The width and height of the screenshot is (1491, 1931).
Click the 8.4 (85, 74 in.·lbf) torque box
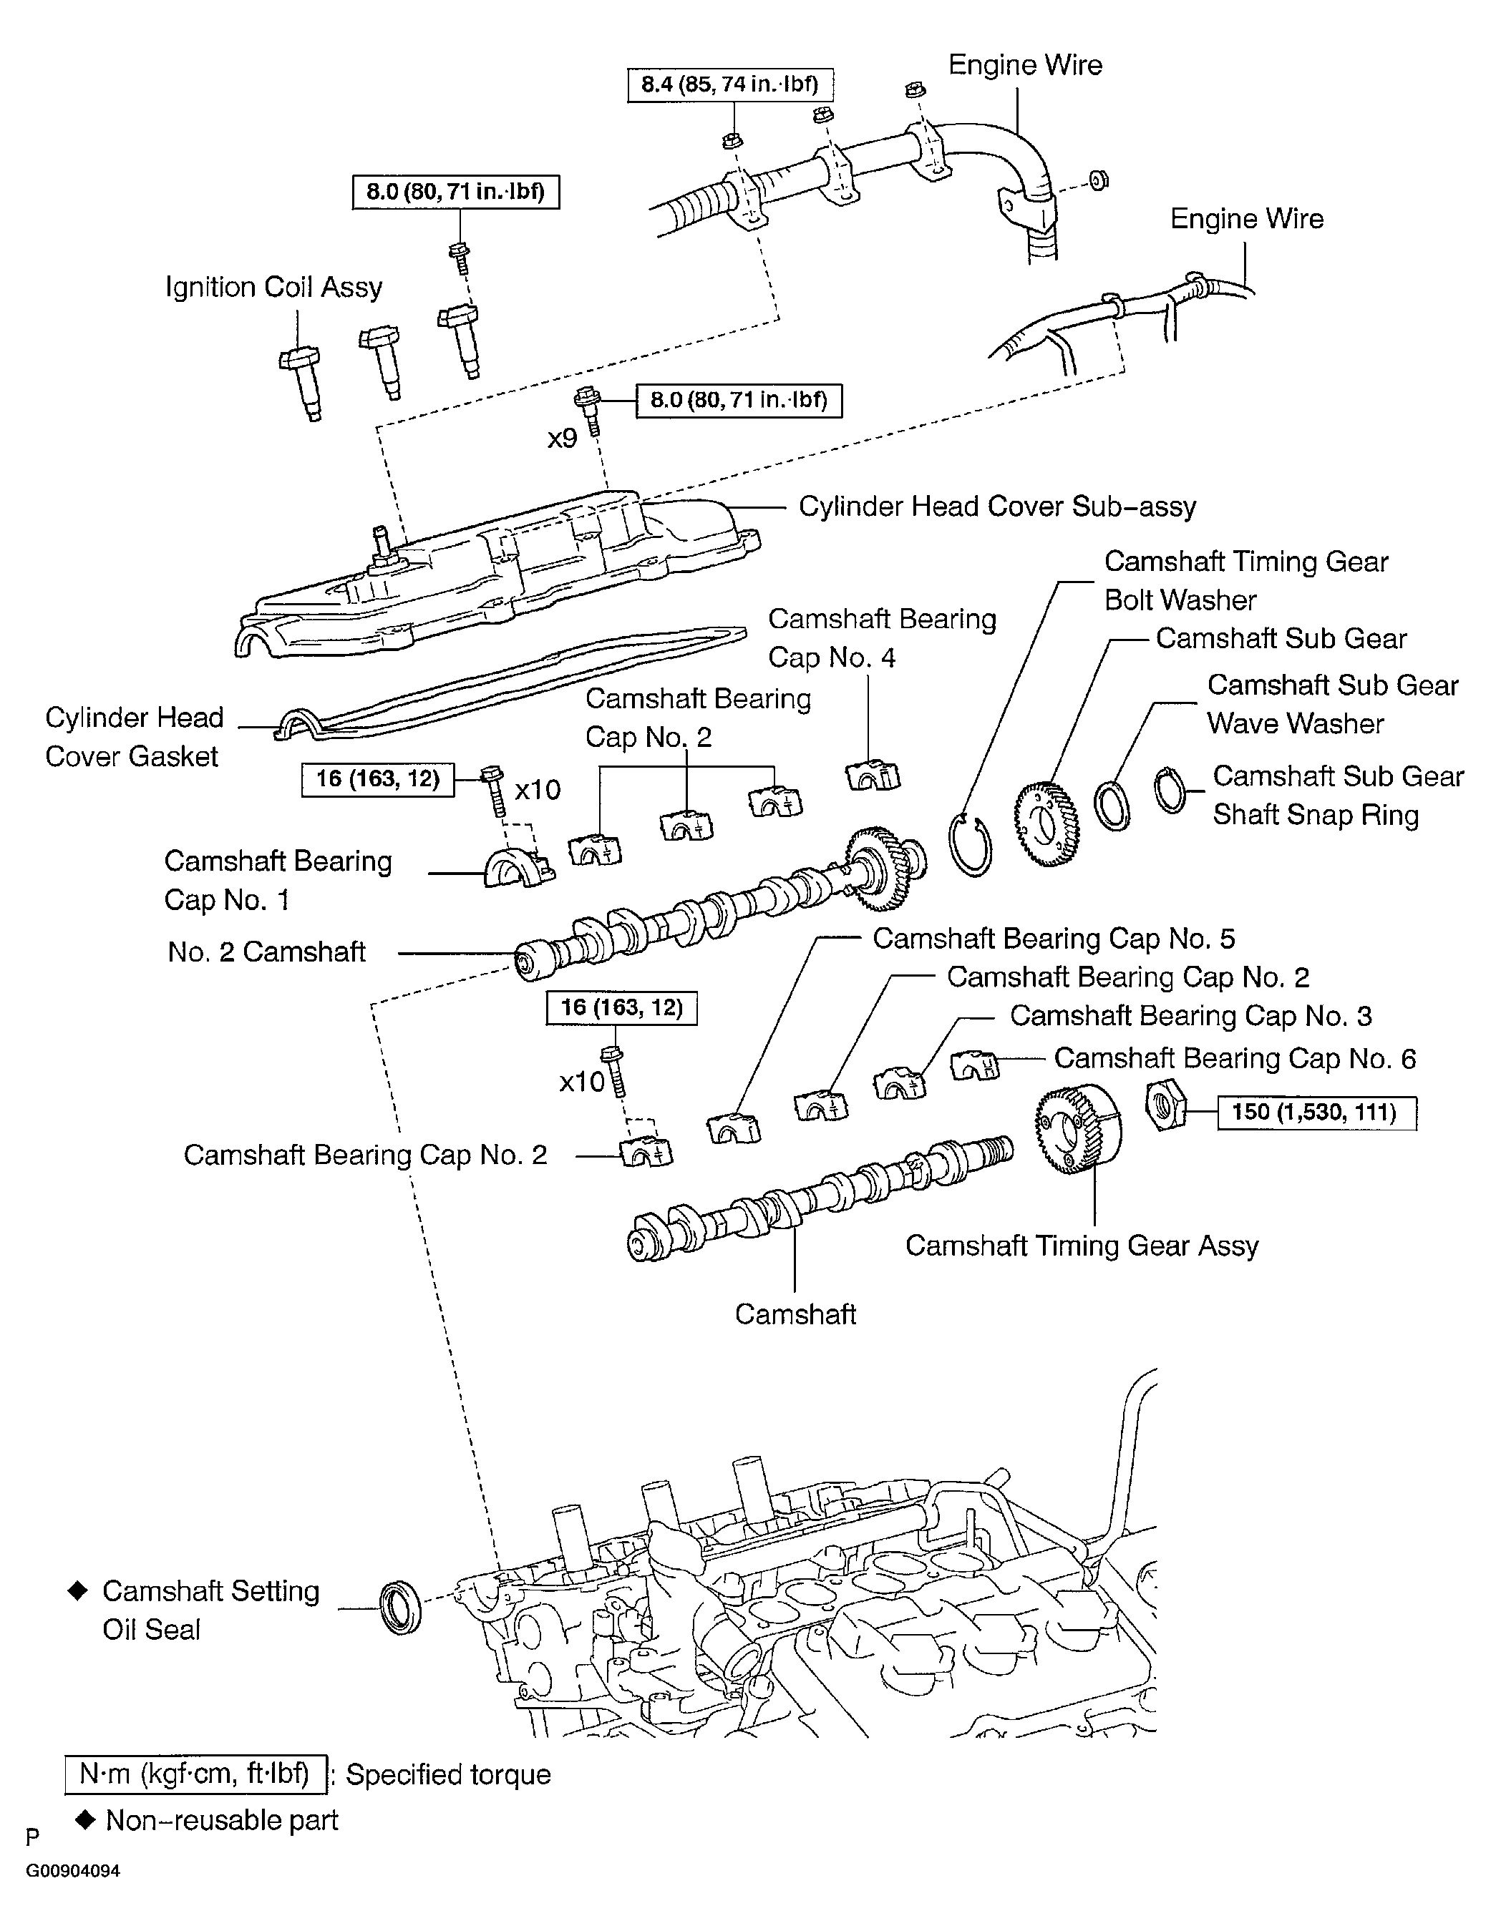729,86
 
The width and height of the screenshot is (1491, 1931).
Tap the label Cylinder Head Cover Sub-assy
996,507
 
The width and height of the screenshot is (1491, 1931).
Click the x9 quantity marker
562,438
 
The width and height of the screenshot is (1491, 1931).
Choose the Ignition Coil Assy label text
274,288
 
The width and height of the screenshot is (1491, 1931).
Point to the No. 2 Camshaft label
266,952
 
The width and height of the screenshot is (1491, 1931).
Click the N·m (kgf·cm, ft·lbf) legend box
195,1774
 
